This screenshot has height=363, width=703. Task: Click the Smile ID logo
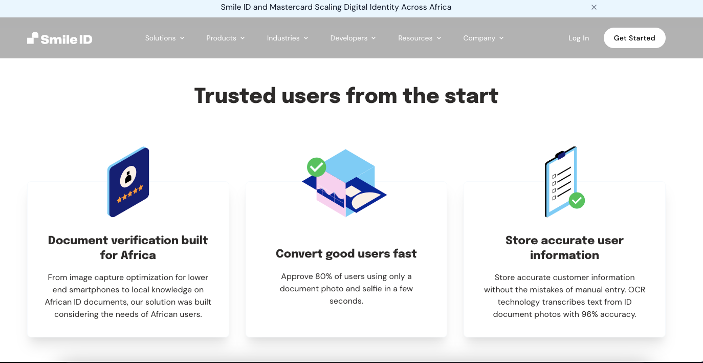click(x=60, y=38)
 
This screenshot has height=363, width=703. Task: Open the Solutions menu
click(x=164, y=38)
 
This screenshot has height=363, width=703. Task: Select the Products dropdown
click(x=225, y=38)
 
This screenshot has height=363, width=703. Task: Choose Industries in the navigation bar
click(x=287, y=38)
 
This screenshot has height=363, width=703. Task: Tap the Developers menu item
click(x=353, y=38)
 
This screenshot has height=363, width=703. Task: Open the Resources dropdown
click(x=419, y=38)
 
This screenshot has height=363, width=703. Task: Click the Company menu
click(x=483, y=38)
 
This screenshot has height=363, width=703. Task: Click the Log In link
click(x=578, y=38)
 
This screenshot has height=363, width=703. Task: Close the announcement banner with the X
click(x=594, y=7)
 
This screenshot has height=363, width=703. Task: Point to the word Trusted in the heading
click(x=235, y=96)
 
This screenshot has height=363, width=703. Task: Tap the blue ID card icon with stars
click(x=128, y=182)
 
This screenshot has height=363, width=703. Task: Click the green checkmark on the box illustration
click(x=316, y=166)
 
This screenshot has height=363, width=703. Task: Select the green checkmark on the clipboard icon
click(x=577, y=200)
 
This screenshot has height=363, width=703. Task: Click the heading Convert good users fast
click(x=346, y=253)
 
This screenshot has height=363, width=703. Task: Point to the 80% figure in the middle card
click(x=324, y=276)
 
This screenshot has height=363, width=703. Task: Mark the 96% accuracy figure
click(x=590, y=314)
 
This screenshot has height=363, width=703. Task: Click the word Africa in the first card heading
click(x=138, y=255)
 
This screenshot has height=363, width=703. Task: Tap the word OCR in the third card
click(x=636, y=290)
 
